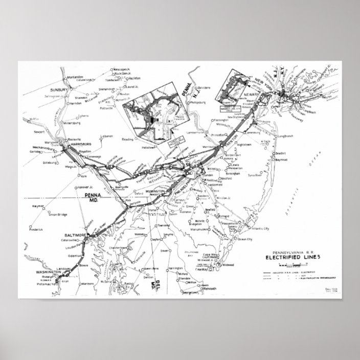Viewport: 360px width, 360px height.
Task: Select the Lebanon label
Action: [107, 137]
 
